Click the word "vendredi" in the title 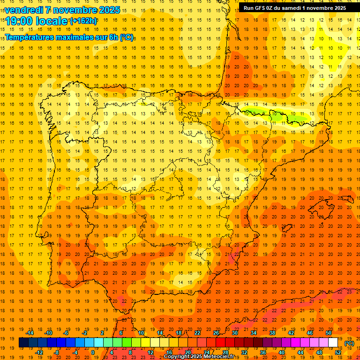(x=22, y=10)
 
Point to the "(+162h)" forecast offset (x=83, y=21)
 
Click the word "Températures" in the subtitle (x=30, y=37)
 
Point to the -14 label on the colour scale (x=30, y=333)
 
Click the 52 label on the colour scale (x=338, y=352)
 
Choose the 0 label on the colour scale (x=93, y=352)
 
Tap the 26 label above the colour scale (x=216, y=333)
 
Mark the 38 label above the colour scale (x=272, y=333)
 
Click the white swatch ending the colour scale (x=333, y=343)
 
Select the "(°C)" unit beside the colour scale (x=350, y=344)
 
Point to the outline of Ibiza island (x=286, y=228)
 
